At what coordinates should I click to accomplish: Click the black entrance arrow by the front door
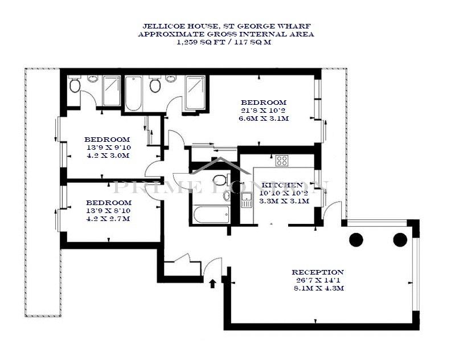click(x=212, y=284)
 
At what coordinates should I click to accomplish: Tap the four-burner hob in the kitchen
click(x=282, y=161)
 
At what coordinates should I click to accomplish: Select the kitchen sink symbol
click(x=247, y=200)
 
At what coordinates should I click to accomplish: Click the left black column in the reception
click(x=356, y=240)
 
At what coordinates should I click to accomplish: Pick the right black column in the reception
click(x=400, y=240)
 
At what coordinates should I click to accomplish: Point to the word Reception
click(x=318, y=272)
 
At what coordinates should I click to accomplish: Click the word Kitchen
click(x=281, y=185)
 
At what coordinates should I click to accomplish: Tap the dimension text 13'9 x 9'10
click(x=109, y=148)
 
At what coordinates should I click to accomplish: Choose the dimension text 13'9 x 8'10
click(x=109, y=211)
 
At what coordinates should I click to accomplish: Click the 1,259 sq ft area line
click(x=224, y=42)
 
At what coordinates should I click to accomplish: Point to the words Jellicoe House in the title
click(x=180, y=26)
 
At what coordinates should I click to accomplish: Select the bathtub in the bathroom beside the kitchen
click(x=212, y=214)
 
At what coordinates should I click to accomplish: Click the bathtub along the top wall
click(x=134, y=93)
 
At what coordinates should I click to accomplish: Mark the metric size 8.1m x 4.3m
click(x=319, y=288)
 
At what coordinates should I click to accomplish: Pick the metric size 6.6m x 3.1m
click(x=264, y=118)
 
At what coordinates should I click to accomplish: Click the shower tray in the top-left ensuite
click(x=112, y=91)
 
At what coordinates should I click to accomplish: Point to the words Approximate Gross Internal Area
click(x=226, y=34)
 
